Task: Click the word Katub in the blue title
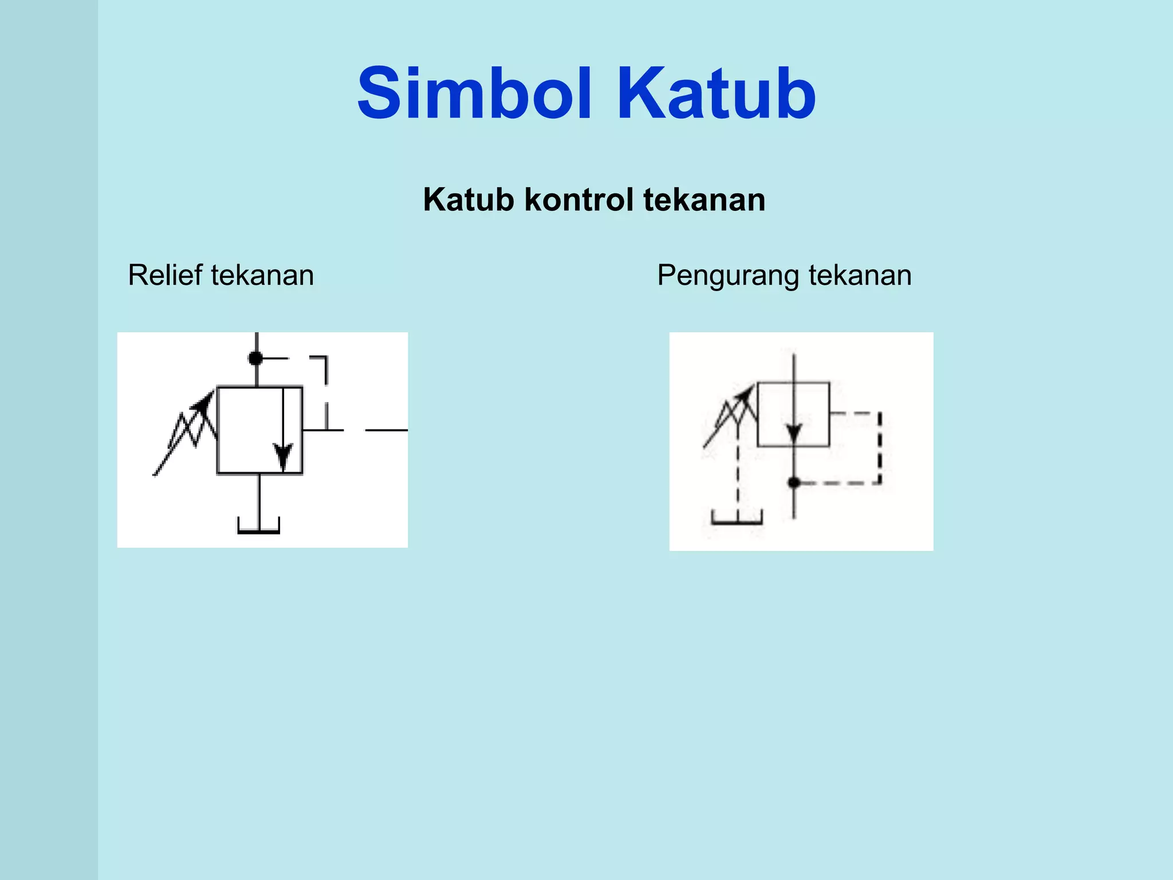point(717,94)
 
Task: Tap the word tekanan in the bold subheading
point(704,200)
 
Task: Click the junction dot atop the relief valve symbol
point(255,359)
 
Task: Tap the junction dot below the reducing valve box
point(794,482)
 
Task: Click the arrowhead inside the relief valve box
point(283,457)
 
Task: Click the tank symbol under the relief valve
point(259,526)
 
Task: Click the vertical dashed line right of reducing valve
point(880,448)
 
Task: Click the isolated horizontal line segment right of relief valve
point(386,430)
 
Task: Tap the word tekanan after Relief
point(262,275)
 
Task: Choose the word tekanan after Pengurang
point(860,275)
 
